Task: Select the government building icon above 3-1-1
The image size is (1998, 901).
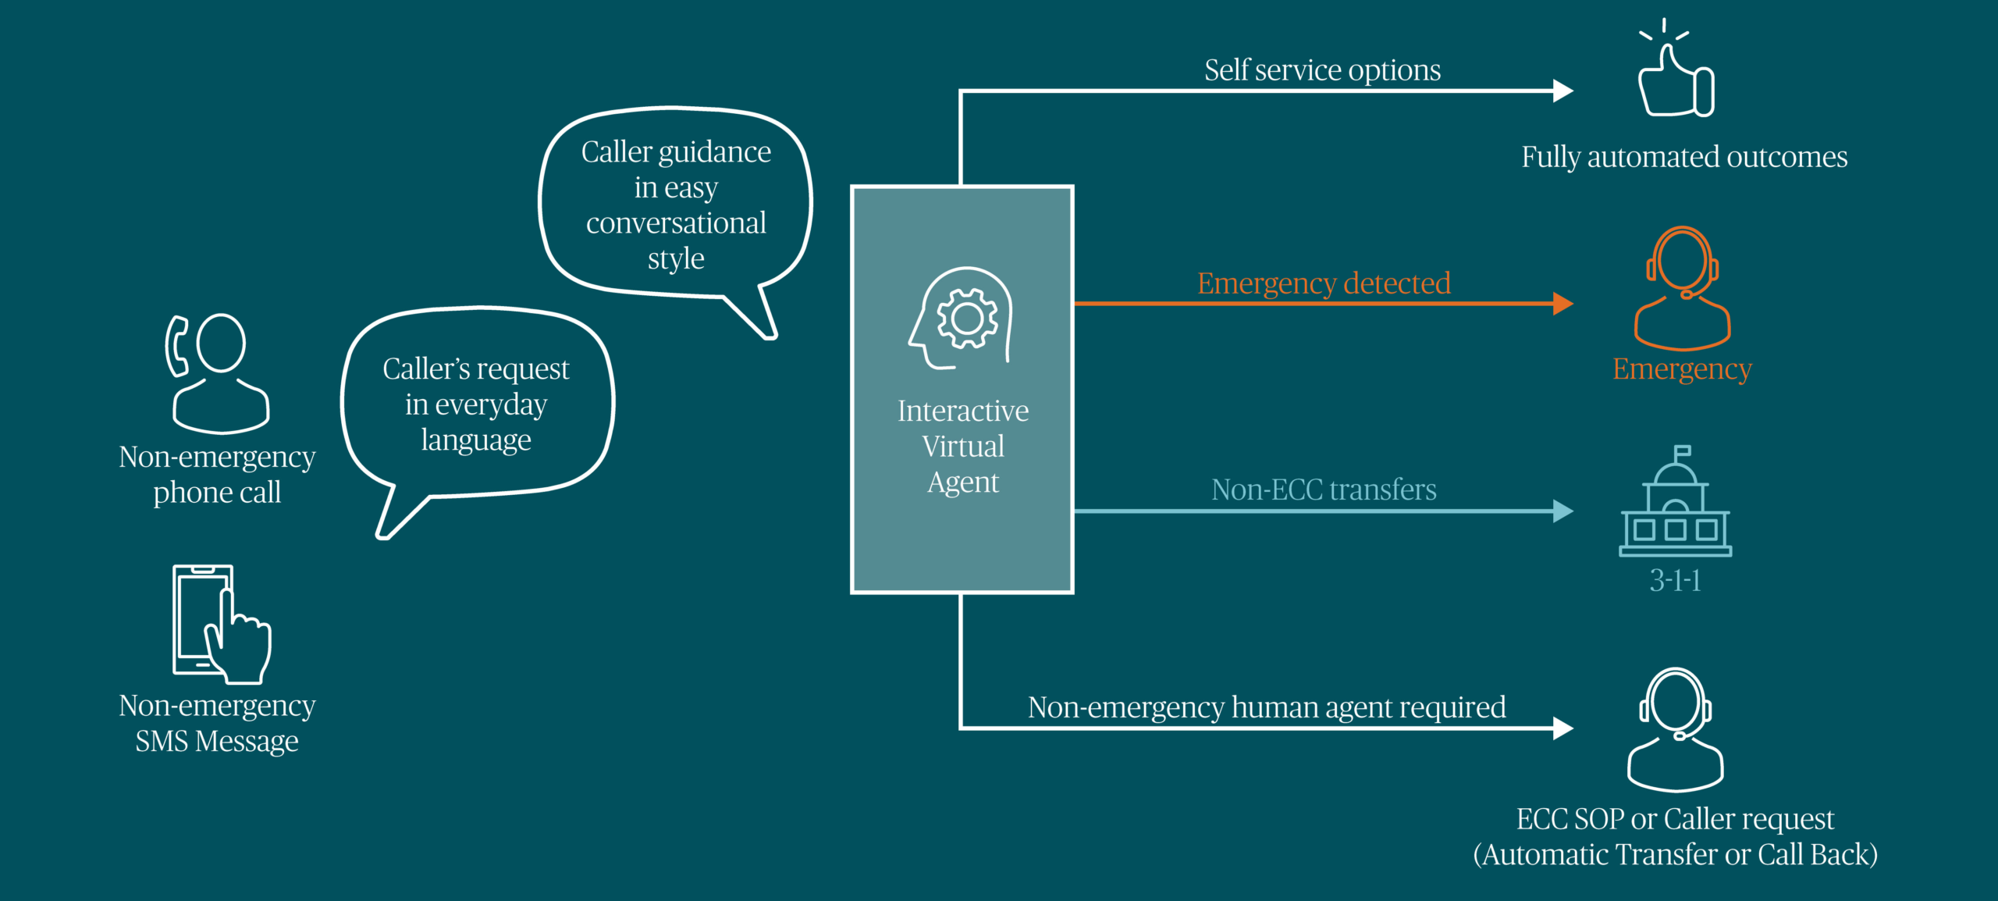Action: point(1676,504)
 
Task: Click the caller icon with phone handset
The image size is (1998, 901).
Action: point(218,373)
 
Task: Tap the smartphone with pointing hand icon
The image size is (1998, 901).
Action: point(221,624)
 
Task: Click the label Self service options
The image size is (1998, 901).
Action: point(1322,70)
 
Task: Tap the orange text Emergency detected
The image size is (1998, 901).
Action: point(1324,283)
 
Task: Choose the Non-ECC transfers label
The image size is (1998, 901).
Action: point(1324,490)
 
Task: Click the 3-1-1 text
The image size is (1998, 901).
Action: point(1675,580)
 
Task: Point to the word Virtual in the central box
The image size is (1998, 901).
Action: point(963,447)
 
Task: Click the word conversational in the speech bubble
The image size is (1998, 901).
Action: point(676,223)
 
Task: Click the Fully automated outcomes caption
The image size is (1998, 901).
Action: point(1684,157)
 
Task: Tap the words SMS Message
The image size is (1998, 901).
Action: point(217,741)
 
